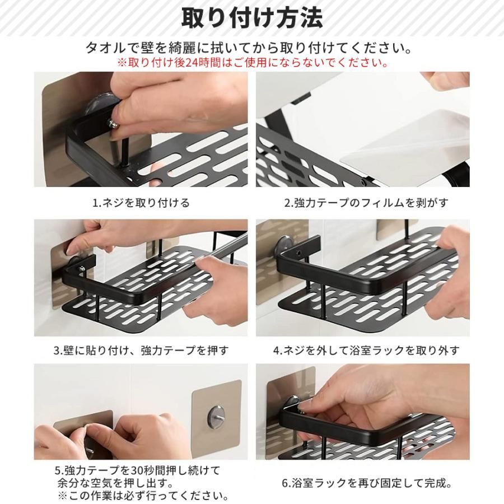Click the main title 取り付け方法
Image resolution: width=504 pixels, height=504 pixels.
pyautogui.click(x=252, y=18)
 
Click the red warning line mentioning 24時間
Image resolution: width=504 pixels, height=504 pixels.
pyautogui.click(x=252, y=62)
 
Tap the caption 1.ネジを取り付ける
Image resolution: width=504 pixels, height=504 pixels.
pyautogui.click(x=141, y=203)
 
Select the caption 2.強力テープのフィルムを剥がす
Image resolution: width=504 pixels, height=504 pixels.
pyautogui.click(x=366, y=203)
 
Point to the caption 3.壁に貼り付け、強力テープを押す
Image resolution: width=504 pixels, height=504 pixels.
pyautogui.click(x=141, y=350)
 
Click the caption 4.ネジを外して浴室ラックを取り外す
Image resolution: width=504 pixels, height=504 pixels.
pyautogui.click(x=366, y=350)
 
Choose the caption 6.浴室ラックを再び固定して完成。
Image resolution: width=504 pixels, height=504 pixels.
pyautogui.click(x=367, y=483)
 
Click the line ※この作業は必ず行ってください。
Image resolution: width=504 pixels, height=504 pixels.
pyautogui.click(x=143, y=495)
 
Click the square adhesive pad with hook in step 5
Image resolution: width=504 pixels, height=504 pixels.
pyautogui.click(x=216, y=419)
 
